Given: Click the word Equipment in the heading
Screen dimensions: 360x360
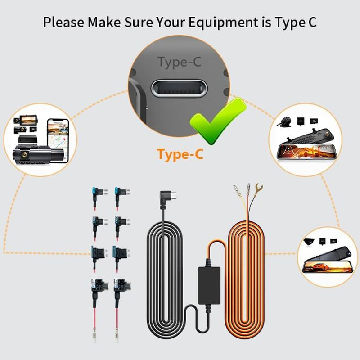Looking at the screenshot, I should pyautogui.click(x=210, y=22).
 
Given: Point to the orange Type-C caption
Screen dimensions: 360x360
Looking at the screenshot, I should pyautogui.click(x=180, y=154).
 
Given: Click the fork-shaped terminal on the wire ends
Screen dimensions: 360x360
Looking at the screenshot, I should pyautogui.click(x=258, y=188).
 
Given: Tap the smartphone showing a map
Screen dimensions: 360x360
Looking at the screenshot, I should pyautogui.click(x=57, y=133).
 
